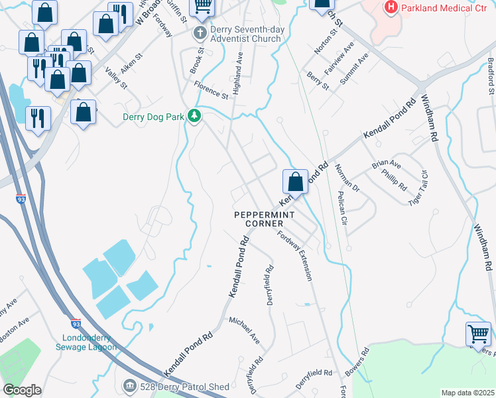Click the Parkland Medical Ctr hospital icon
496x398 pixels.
[391, 8]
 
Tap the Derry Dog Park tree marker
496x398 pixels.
[194, 117]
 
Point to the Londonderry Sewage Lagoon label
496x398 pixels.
[85, 342]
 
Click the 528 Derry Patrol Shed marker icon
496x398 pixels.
[130, 385]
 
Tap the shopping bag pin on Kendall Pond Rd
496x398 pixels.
[295, 181]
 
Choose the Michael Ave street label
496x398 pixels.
[245, 330]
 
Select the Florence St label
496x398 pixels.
[212, 90]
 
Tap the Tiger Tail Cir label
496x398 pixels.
[418, 188]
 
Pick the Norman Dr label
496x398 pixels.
[347, 178]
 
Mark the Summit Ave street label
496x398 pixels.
[354, 68]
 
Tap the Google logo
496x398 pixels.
[22, 390]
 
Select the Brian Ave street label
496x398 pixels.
[387, 163]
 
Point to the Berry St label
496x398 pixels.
[318, 82]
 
